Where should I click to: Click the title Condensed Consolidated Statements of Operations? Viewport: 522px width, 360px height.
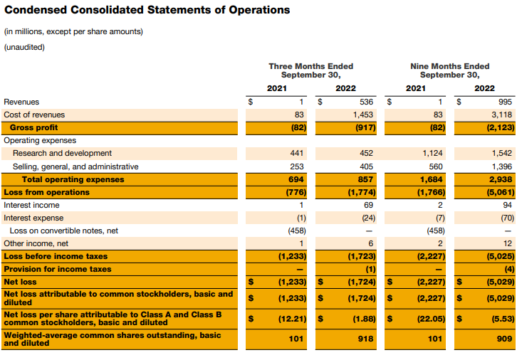click(x=147, y=11)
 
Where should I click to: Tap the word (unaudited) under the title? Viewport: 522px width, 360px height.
click(x=24, y=48)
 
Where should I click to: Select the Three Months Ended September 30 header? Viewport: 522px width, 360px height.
click(x=310, y=70)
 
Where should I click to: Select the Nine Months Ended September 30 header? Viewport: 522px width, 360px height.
click(x=449, y=70)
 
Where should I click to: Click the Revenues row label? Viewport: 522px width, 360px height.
click(x=22, y=102)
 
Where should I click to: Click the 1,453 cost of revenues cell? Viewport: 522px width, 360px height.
click(x=364, y=115)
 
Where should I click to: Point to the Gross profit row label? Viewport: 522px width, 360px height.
click(x=34, y=127)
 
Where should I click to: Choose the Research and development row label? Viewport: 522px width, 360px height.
click(x=62, y=153)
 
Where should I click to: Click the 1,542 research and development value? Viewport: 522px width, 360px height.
click(x=502, y=153)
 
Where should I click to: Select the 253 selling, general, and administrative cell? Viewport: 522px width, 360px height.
click(x=298, y=166)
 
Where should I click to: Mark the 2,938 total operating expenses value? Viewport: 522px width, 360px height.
click(x=502, y=179)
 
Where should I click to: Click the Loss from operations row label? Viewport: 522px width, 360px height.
click(x=47, y=192)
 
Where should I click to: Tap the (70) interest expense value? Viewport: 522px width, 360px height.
click(x=504, y=218)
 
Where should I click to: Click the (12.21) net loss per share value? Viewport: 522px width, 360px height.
click(x=291, y=318)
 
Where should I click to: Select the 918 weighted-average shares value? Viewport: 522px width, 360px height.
click(x=367, y=339)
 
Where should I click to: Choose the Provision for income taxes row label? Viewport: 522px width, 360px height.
click(x=58, y=269)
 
